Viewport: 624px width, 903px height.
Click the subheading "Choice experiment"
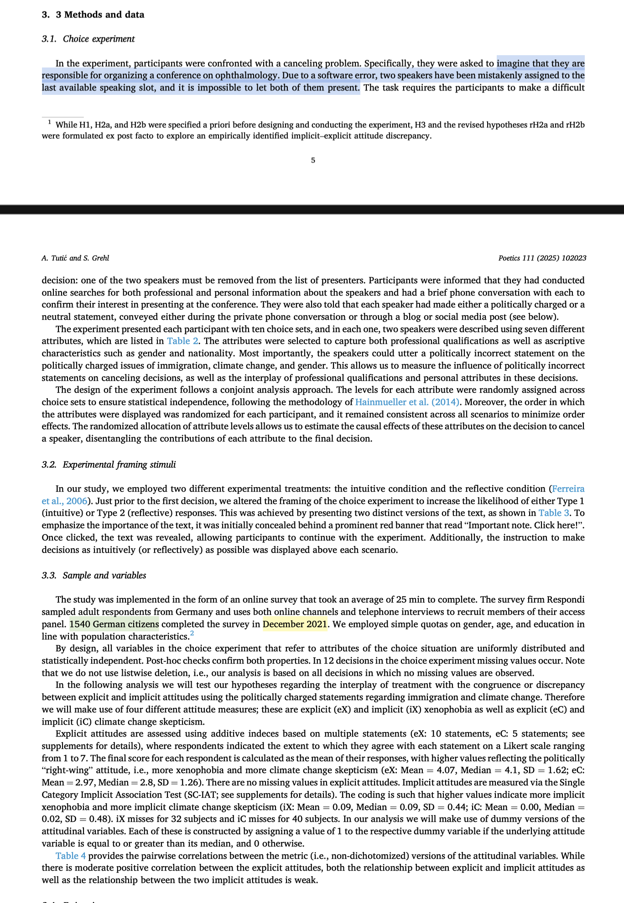click(99, 39)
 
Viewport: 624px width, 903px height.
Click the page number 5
click(313, 160)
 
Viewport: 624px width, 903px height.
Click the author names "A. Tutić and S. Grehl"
click(75, 258)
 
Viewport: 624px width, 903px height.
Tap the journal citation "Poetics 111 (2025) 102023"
click(542, 258)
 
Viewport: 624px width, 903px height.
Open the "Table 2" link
click(182, 341)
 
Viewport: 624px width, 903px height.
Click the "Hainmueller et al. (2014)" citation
click(407, 402)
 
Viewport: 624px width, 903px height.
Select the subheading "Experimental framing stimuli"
click(119, 464)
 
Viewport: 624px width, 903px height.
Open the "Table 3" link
click(554, 513)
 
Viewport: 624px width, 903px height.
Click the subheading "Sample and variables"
click(104, 575)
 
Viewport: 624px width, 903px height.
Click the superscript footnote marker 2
click(192, 633)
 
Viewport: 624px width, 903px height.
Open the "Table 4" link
click(71, 856)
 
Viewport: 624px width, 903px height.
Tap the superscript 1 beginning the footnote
click(49, 122)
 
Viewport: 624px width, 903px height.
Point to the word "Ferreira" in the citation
click(568, 488)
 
